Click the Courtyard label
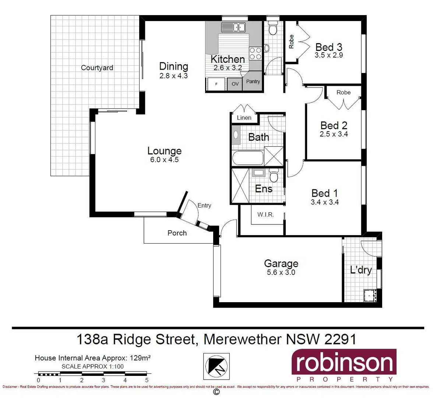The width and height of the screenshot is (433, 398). tap(97, 68)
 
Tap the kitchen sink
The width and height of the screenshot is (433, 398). tap(234, 27)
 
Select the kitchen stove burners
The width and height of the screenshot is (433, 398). tap(255, 53)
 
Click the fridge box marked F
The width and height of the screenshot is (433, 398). tap(216, 84)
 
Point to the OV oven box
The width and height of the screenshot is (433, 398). tap(235, 84)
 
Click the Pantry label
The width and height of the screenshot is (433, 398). tap(253, 81)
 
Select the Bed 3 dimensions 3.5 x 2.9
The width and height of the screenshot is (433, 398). tap(329, 55)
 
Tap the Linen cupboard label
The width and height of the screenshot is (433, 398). tap(244, 118)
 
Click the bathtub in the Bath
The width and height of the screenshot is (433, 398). tap(248, 159)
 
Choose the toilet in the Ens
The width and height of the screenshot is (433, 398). tap(273, 176)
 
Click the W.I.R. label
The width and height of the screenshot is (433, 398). tap(265, 214)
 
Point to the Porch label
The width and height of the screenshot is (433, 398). tap(177, 233)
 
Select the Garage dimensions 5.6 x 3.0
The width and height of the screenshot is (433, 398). tap(281, 273)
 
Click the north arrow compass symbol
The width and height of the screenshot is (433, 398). tap(216, 366)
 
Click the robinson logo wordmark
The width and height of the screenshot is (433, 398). tap(344, 363)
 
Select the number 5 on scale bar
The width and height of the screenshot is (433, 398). tap(147, 380)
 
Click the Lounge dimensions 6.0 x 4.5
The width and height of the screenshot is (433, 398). tap(164, 160)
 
